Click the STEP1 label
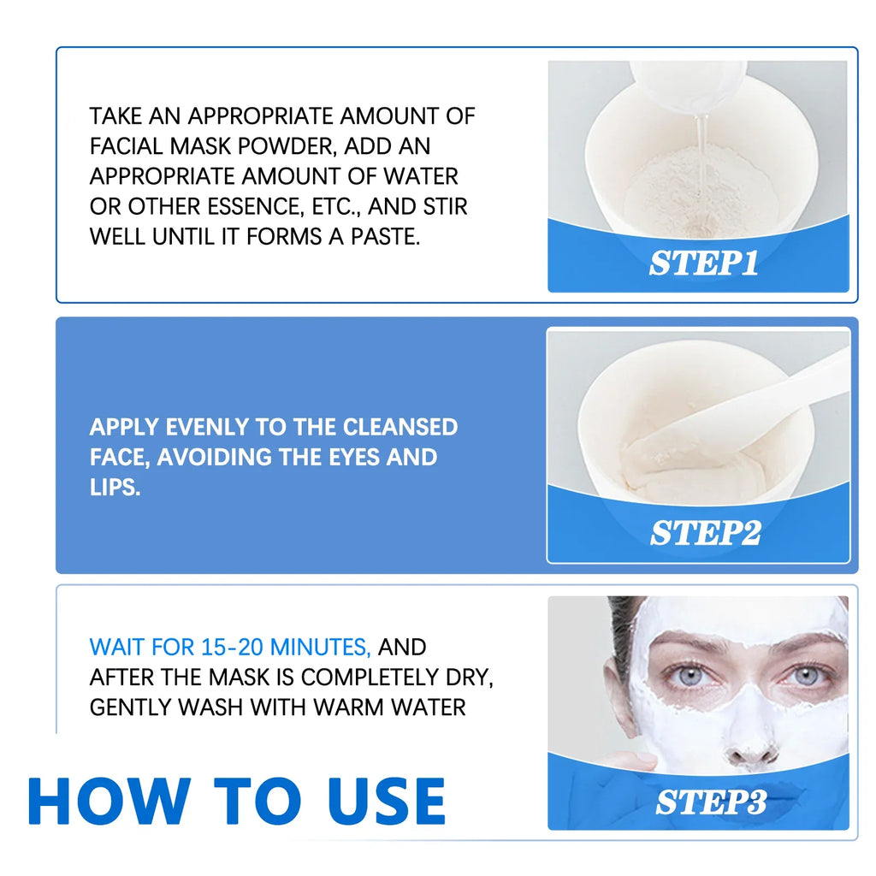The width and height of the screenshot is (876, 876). click(703, 263)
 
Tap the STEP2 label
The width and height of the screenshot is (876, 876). click(705, 533)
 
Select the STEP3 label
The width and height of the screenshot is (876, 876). click(710, 802)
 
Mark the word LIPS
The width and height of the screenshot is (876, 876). click(115, 488)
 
